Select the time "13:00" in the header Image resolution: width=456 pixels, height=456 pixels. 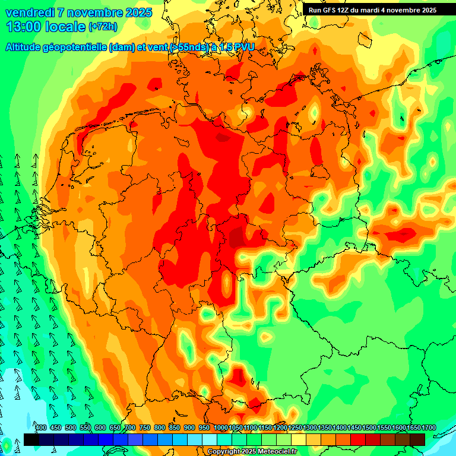click(26, 27)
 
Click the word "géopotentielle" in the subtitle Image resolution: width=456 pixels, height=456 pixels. click(78, 47)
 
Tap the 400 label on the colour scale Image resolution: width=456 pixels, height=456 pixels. click(41, 427)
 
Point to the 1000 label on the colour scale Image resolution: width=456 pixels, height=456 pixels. click(220, 427)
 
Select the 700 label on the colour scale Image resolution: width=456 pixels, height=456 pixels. click(130, 427)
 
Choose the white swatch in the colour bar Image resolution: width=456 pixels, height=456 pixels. click(209, 439)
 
